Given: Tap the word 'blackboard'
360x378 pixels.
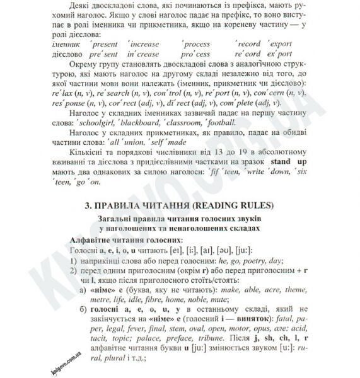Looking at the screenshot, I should coord(152,122).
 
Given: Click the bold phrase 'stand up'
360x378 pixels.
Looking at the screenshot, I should coord(291,160).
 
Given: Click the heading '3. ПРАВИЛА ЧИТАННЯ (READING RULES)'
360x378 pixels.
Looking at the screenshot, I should coord(180,205).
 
